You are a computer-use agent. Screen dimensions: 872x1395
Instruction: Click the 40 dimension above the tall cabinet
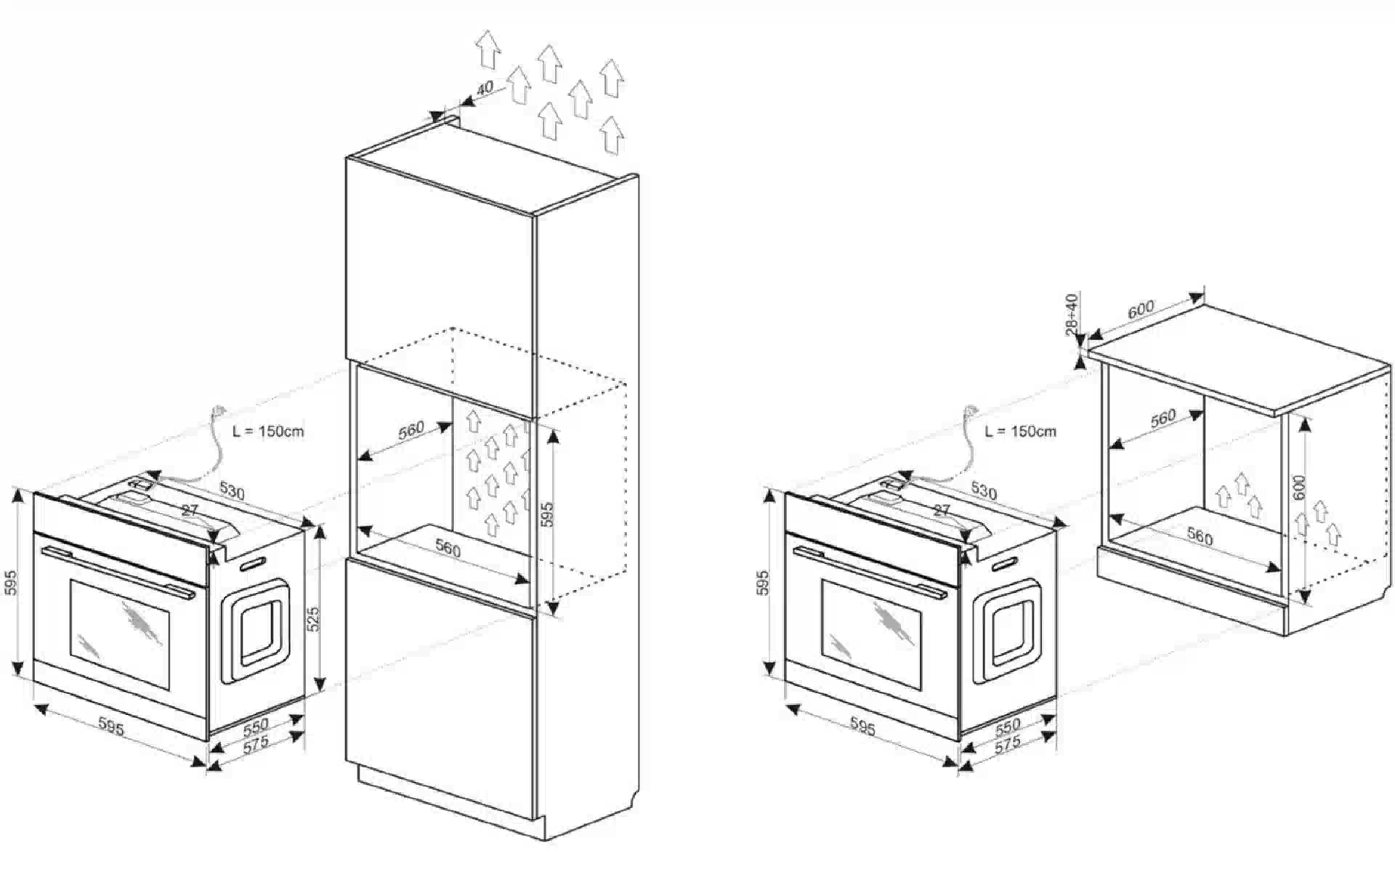(484, 88)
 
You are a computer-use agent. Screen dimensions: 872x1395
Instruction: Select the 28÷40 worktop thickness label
(1072, 314)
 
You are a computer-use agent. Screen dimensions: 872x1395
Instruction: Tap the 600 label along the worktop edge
(1141, 308)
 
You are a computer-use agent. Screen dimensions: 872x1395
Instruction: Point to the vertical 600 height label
(1300, 487)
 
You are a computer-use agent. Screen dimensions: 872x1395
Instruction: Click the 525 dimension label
(313, 618)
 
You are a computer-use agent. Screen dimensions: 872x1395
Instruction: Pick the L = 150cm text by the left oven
(268, 431)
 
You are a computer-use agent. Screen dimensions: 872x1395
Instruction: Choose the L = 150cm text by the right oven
(1020, 431)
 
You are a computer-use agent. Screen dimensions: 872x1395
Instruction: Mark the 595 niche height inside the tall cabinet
(548, 514)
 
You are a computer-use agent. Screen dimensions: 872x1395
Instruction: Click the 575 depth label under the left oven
(256, 743)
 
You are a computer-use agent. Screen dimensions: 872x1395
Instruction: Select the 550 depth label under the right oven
(1008, 724)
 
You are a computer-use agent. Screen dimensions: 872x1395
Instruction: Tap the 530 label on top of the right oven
(984, 491)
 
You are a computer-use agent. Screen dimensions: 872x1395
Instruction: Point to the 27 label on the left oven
(190, 510)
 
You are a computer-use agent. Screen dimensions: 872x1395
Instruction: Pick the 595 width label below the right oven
(862, 727)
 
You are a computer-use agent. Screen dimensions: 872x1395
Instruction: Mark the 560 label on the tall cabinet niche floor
(448, 549)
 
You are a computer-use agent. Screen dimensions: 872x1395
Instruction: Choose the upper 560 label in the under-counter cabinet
(1162, 419)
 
